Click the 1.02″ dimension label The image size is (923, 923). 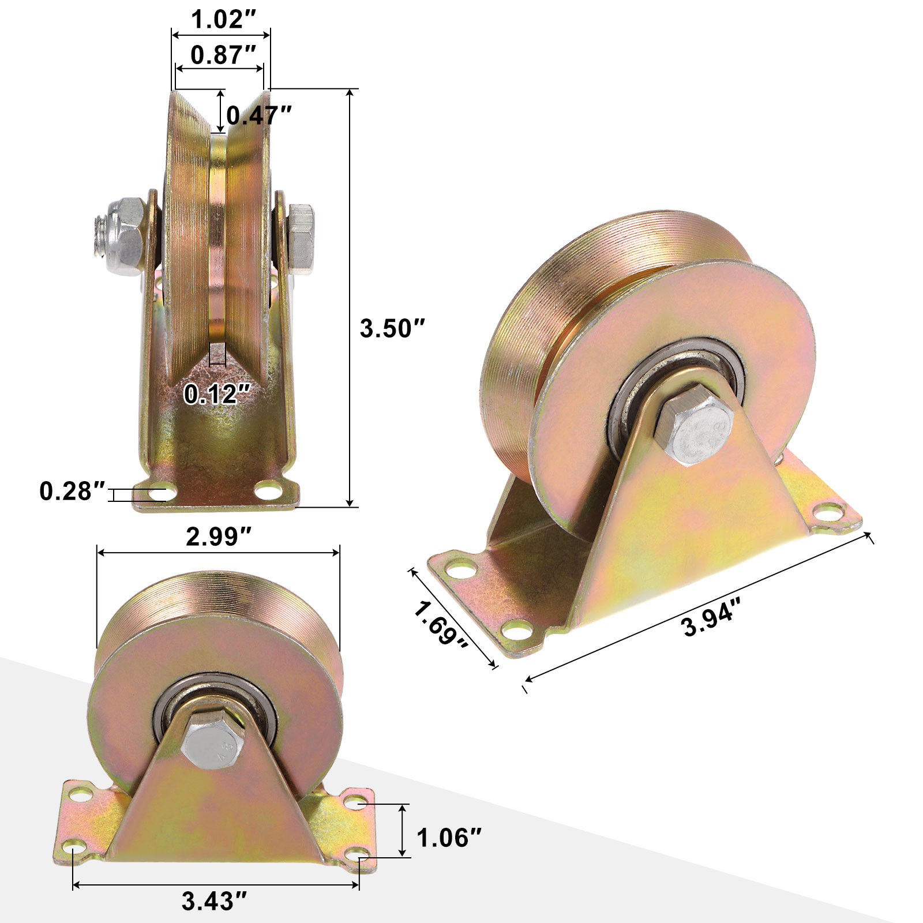(219, 20)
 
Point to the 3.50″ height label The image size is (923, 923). (392, 328)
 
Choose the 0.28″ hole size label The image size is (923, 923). (73, 491)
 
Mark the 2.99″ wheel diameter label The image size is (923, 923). (219, 537)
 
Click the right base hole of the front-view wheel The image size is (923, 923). (265, 492)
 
